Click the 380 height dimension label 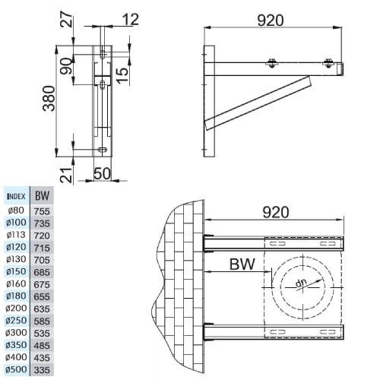pyautogui.click(x=49, y=99)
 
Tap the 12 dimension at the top pyautogui.click(x=131, y=20)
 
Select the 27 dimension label pyautogui.click(x=67, y=20)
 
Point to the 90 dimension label pyautogui.click(x=66, y=66)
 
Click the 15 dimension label pyautogui.click(x=122, y=74)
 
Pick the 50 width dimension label pyautogui.click(x=103, y=174)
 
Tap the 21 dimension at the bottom pyautogui.click(x=66, y=175)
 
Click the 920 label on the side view pyautogui.click(x=271, y=21)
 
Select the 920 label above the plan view pyautogui.click(x=276, y=212)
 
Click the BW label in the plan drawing pyautogui.click(x=242, y=264)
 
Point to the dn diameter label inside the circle pyautogui.click(x=301, y=283)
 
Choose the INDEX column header pyautogui.click(x=17, y=196)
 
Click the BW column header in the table pyautogui.click(x=42, y=196)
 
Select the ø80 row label pyautogui.click(x=16, y=211)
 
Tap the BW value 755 pyautogui.click(x=42, y=211)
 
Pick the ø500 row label pyautogui.click(x=16, y=369)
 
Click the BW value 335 pyautogui.click(x=42, y=370)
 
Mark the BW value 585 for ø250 pyautogui.click(x=42, y=321)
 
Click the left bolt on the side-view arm pyautogui.click(x=271, y=63)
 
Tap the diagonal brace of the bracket pyautogui.click(x=258, y=103)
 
